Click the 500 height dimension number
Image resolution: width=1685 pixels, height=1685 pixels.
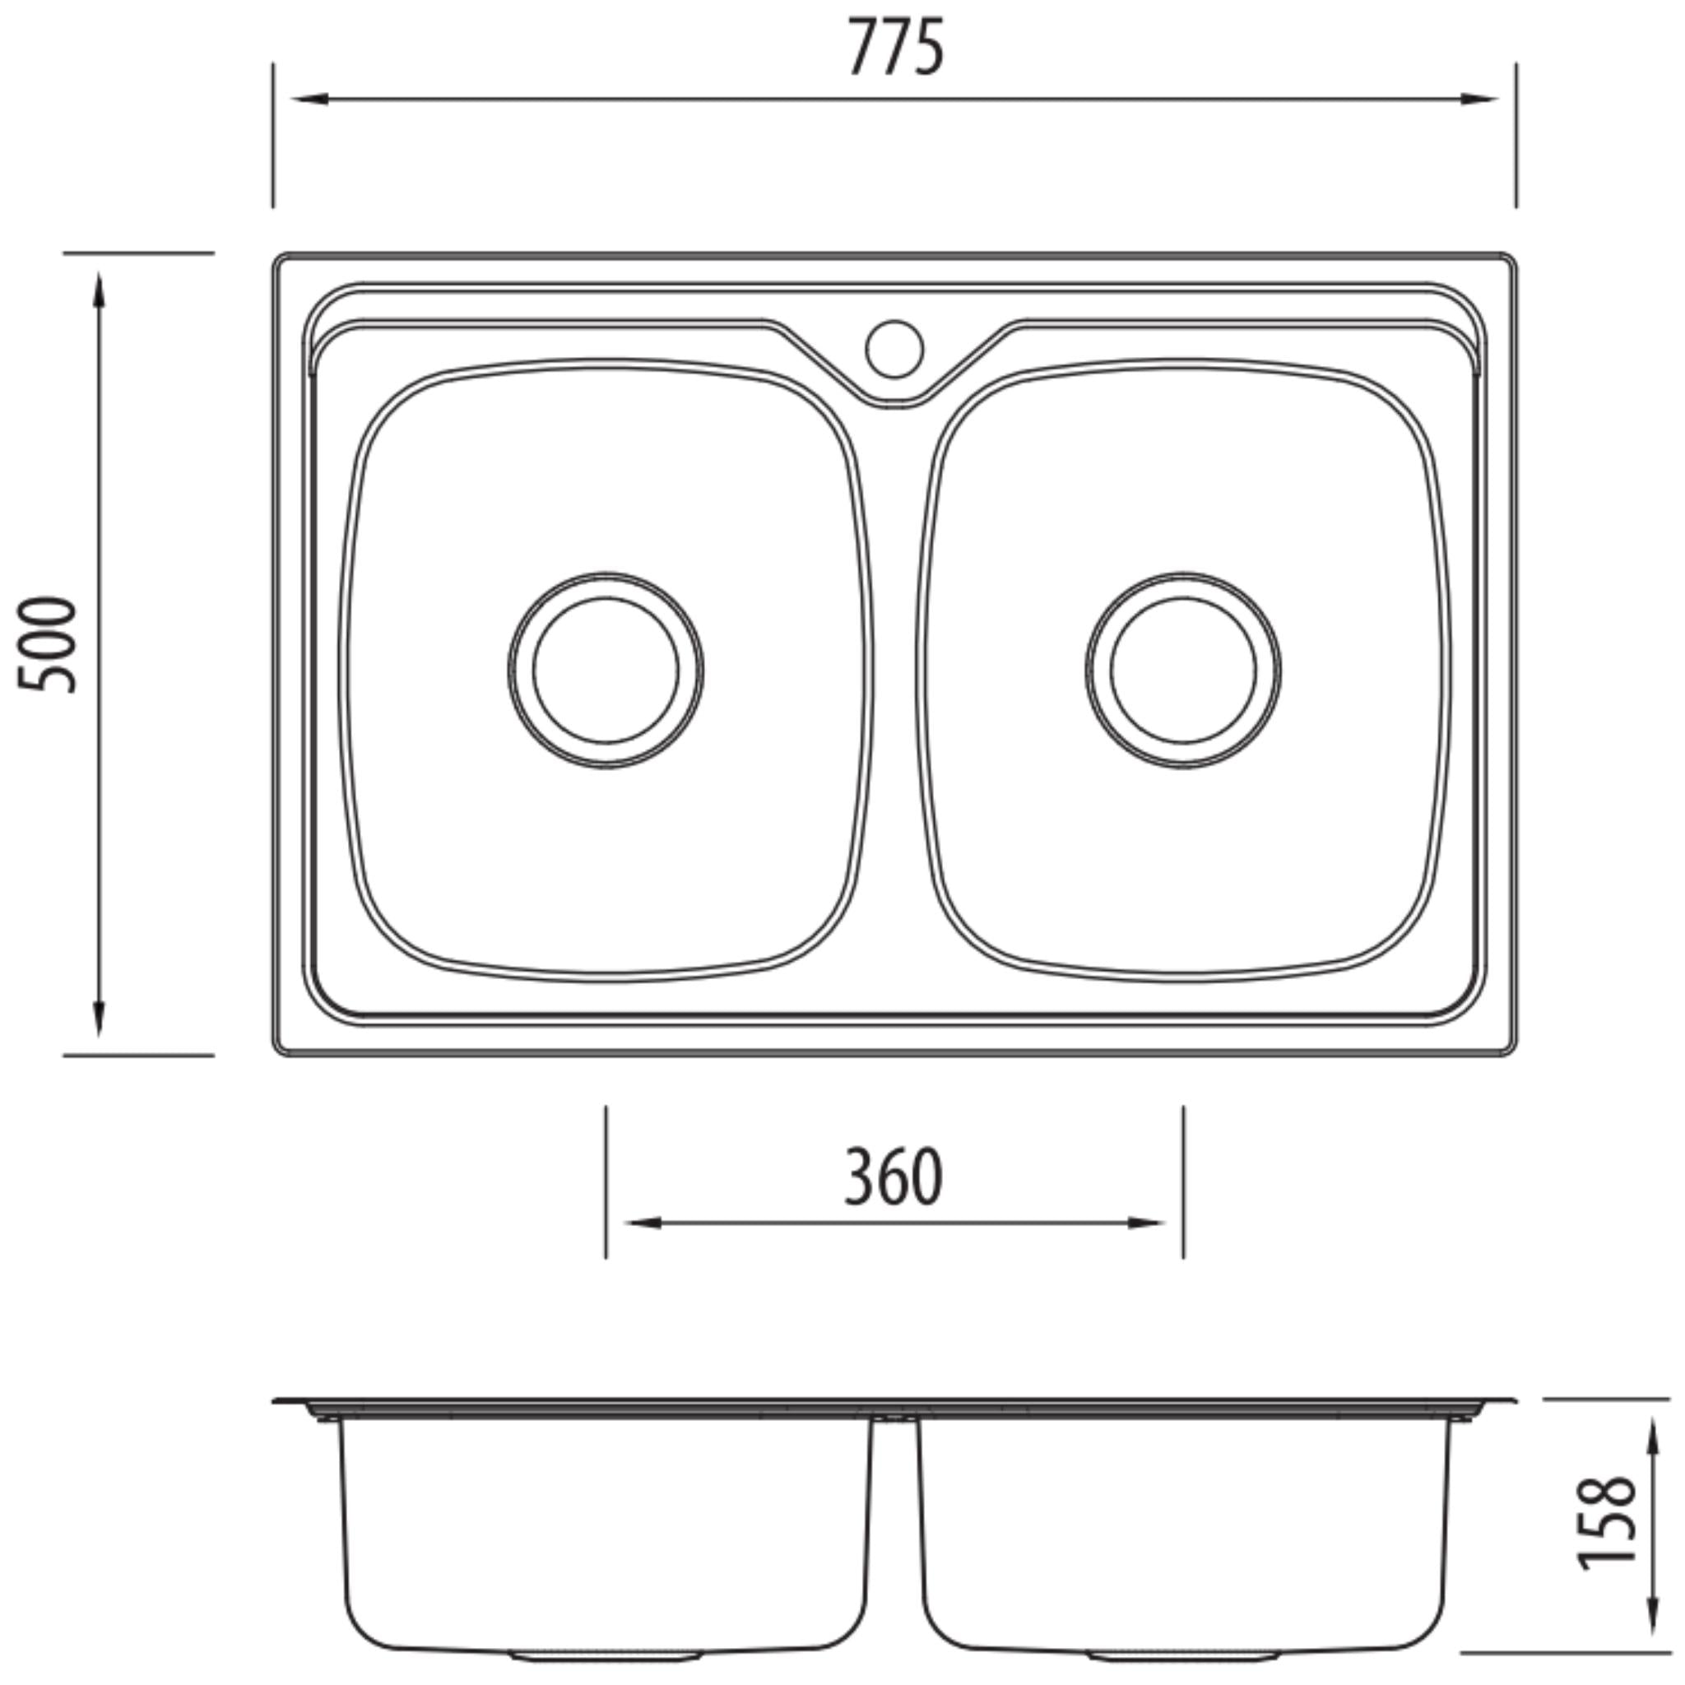(48, 644)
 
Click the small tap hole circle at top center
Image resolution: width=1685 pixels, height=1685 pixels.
(894, 349)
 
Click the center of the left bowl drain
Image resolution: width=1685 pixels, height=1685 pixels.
(606, 670)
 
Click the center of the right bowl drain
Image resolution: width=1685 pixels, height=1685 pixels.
(1183, 670)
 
